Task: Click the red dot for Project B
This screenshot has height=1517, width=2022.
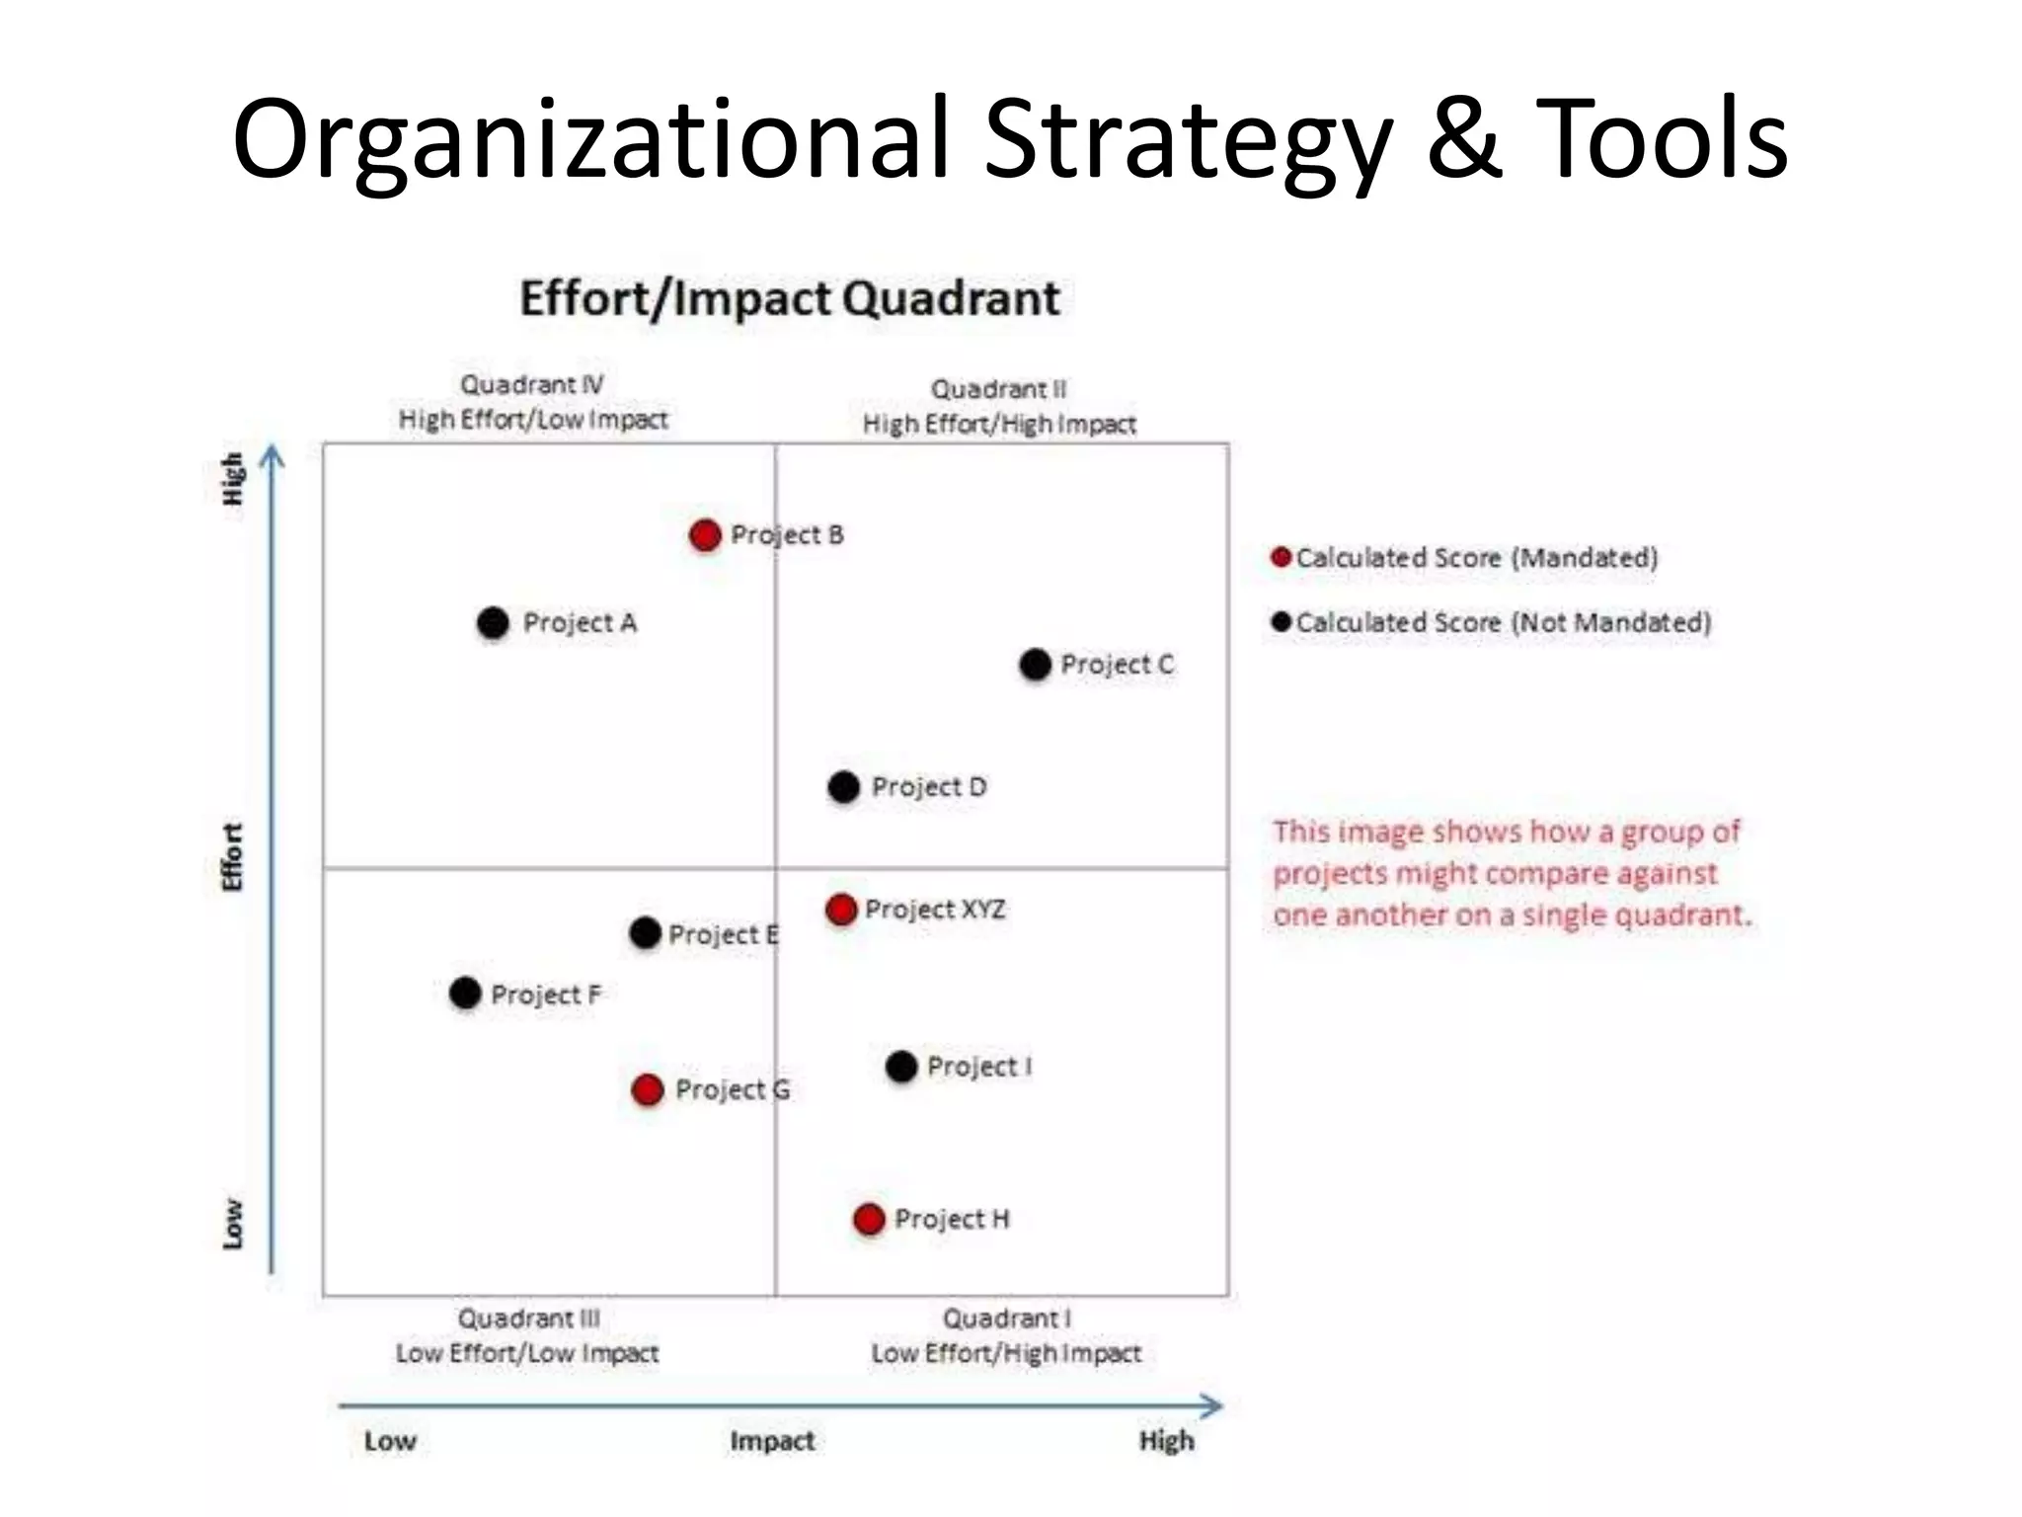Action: [705, 535]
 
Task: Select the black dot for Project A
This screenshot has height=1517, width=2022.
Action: [493, 623]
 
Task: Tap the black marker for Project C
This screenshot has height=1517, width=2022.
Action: [1035, 665]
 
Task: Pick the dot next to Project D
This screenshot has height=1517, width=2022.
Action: [844, 787]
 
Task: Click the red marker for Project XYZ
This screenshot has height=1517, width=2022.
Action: [841, 910]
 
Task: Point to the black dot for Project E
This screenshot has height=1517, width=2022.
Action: [645, 933]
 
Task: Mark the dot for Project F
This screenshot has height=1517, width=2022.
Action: [465, 994]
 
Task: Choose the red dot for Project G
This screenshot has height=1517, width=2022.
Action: [648, 1090]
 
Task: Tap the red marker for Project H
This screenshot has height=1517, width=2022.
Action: [869, 1220]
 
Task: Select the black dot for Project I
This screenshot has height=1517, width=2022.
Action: [901, 1067]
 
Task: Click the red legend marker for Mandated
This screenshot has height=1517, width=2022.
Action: [1282, 557]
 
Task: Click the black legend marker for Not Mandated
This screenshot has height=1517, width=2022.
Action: [1282, 622]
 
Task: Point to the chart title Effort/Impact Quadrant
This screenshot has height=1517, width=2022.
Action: [789, 298]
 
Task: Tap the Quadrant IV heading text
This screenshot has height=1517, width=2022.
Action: [532, 384]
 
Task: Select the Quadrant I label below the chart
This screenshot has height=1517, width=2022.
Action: [1006, 1318]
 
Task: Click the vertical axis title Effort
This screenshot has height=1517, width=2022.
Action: [232, 857]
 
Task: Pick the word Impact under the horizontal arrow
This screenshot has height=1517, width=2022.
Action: [772, 1441]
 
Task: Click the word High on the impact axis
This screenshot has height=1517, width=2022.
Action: [1166, 1441]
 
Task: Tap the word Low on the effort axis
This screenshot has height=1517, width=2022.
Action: [232, 1224]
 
